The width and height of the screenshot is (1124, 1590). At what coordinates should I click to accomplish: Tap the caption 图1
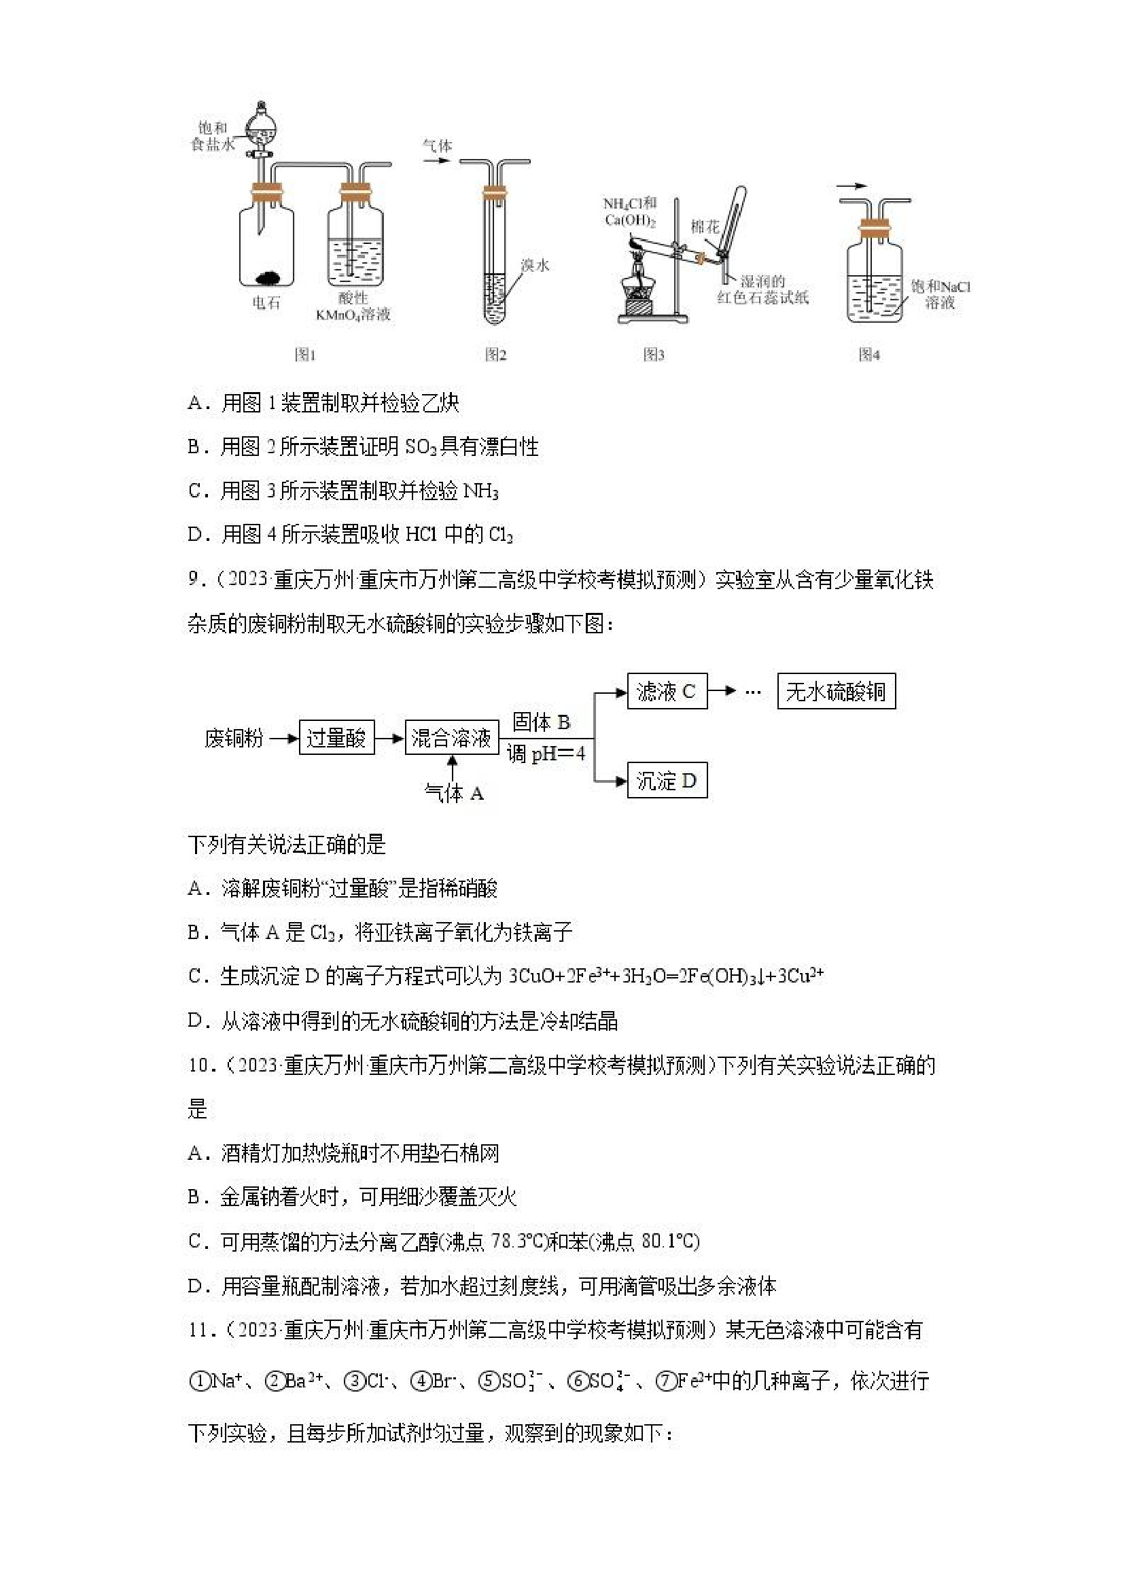(x=304, y=355)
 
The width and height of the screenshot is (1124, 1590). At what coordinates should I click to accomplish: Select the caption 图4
(x=869, y=355)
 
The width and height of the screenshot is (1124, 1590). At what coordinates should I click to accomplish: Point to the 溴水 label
(x=535, y=264)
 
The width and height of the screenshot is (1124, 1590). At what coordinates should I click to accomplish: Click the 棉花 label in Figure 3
(x=705, y=226)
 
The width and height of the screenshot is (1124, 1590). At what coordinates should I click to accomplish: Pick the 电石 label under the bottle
(x=266, y=302)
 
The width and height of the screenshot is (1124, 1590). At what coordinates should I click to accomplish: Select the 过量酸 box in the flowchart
(x=336, y=737)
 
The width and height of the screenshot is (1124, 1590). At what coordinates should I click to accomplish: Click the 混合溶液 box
(x=451, y=737)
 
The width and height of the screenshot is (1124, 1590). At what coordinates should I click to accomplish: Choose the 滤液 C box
(x=667, y=691)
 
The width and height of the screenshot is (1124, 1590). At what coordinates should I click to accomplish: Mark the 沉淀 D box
(x=667, y=781)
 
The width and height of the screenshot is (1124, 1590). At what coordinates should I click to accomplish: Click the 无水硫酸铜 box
(x=836, y=691)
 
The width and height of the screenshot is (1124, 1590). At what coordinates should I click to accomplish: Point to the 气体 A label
(x=454, y=794)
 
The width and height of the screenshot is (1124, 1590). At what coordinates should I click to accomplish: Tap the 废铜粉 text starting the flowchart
(x=233, y=738)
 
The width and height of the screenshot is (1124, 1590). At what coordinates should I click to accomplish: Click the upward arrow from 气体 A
(x=453, y=768)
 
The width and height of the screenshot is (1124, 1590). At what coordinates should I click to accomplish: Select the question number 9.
(x=194, y=579)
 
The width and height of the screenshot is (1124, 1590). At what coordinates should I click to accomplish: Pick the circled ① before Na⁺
(x=198, y=1381)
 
